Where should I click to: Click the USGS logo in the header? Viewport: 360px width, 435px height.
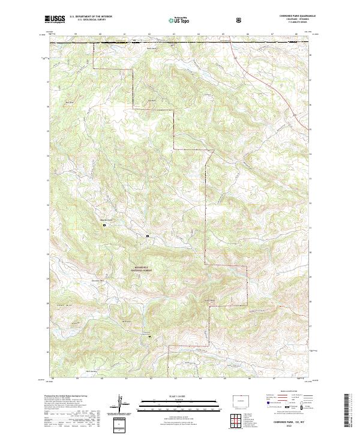tap(55, 20)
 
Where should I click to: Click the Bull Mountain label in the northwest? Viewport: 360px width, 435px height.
tap(69, 102)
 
